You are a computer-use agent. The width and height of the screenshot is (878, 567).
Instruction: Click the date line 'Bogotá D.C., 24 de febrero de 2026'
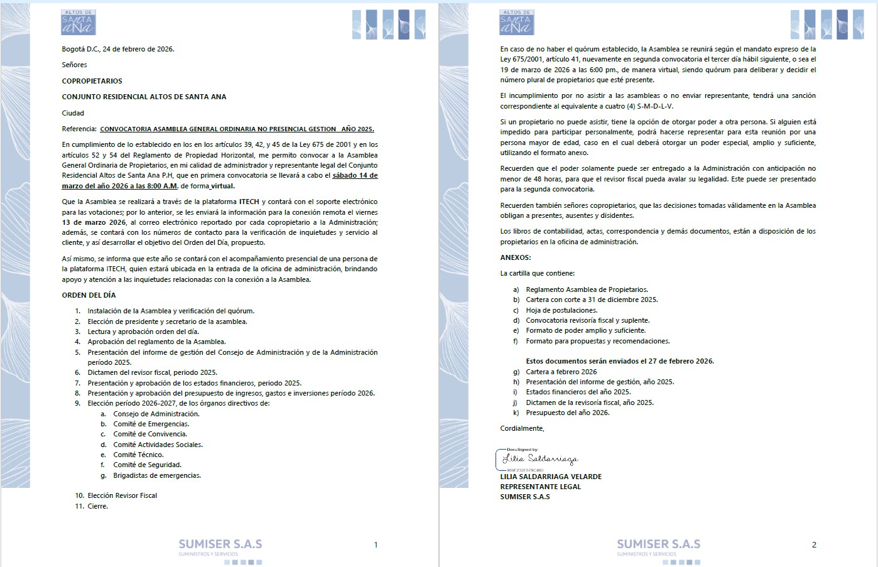(x=118, y=49)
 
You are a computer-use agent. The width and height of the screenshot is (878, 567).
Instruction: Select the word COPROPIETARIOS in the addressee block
(x=92, y=81)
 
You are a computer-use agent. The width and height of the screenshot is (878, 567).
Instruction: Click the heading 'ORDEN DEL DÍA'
(x=89, y=295)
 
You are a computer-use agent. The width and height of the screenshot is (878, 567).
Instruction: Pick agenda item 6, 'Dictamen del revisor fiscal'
(x=152, y=372)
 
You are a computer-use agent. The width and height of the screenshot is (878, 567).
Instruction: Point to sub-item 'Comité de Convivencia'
(x=149, y=434)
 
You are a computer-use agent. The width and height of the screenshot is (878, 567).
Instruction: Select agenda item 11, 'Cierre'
(x=97, y=506)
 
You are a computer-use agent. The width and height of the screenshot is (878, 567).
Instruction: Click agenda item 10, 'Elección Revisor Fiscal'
(x=122, y=495)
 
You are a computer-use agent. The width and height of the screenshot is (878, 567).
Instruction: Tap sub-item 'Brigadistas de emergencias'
(x=157, y=475)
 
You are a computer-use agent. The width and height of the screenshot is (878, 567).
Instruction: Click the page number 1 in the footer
(x=376, y=545)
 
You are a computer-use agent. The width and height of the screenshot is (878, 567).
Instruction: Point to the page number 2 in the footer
(x=814, y=545)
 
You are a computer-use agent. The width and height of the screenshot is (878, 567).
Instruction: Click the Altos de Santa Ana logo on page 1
(x=79, y=23)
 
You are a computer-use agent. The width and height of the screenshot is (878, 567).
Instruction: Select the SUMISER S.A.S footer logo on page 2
(x=658, y=546)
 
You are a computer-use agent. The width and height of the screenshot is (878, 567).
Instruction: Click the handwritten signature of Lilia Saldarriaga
(x=539, y=459)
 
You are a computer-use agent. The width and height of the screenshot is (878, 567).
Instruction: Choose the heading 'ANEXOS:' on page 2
(x=516, y=257)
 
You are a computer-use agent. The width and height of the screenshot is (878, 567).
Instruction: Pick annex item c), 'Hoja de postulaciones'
(x=561, y=310)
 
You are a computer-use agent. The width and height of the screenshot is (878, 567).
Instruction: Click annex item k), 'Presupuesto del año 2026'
(x=567, y=413)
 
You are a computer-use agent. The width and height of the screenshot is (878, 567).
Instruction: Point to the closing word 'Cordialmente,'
(x=522, y=428)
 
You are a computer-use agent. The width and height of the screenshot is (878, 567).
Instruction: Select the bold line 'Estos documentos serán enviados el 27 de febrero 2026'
(x=620, y=361)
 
